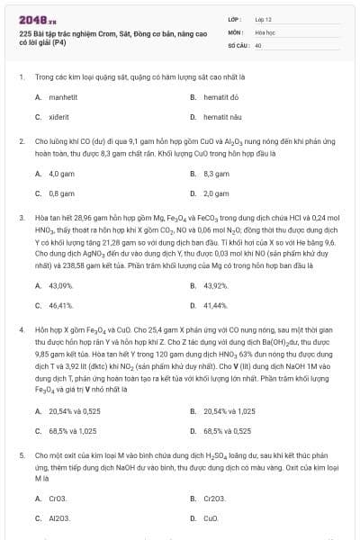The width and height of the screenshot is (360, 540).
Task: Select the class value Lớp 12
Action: point(264,18)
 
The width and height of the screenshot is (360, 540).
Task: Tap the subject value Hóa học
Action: point(265,31)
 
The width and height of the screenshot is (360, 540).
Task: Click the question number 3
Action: point(21,218)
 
